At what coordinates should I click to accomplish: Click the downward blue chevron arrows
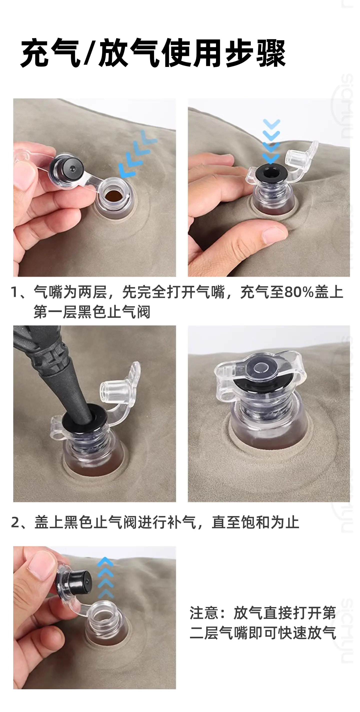[271, 140]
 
